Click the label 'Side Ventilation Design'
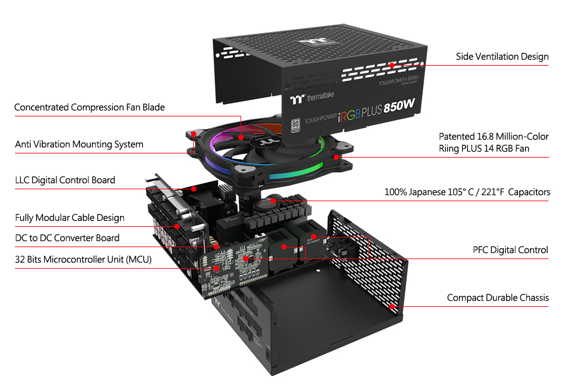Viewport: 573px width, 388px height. (502, 57)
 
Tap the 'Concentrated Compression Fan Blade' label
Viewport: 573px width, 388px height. (90, 107)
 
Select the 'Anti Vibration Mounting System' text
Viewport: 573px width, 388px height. (79, 144)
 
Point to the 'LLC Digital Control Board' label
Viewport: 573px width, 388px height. (65, 180)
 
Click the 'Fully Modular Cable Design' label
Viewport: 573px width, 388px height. (70, 217)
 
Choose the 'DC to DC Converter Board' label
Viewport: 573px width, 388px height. (67, 238)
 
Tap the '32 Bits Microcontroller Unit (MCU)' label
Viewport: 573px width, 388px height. (83, 260)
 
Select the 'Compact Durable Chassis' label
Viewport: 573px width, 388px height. (498, 297)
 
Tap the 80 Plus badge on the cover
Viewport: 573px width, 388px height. (294, 125)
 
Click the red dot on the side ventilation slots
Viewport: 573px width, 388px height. (392, 66)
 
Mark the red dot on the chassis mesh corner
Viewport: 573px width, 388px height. (392, 306)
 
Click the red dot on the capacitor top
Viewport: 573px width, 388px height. (273, 201)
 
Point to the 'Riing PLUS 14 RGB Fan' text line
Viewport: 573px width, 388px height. (484, 148)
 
